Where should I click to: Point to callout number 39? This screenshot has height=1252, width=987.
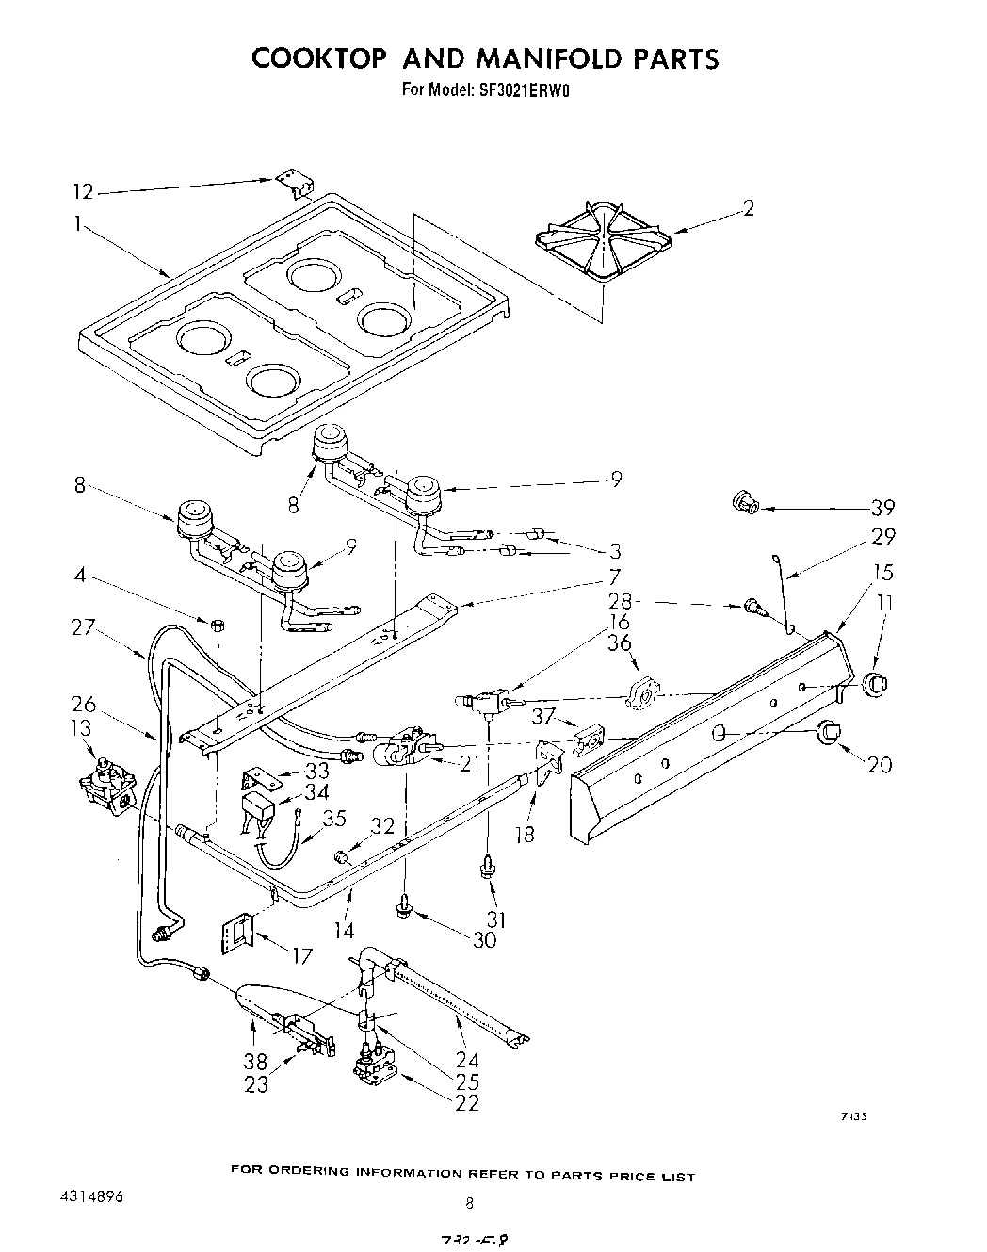pos(882,508)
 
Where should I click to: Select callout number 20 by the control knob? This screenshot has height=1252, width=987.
pos(879,765)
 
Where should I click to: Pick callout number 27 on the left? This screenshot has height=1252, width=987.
pos(84,626)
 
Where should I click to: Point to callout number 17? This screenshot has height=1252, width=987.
pos(301,957)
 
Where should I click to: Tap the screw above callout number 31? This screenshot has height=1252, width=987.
pos(488,866)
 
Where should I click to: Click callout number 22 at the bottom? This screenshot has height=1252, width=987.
pos(466,1103)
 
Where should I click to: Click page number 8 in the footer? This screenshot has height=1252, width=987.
pos(468,1202)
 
